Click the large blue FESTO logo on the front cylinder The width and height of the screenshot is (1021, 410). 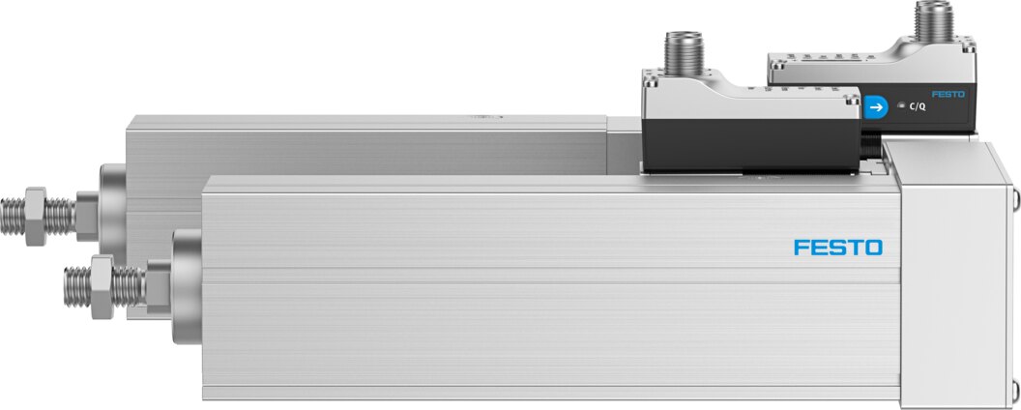pyautogui.click(x=838, y=248)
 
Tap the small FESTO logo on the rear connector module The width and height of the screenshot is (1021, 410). pyautogui.click(x=948, y=95)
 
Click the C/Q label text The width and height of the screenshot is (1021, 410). pyautogui.click(x=917, y=107)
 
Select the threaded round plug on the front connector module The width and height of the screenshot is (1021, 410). pyautogui.click(x=683, y=52)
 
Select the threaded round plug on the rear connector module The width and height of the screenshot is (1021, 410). pyautogui.click(x=934, y=20)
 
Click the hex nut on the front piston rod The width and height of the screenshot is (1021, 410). pyautogui.click(x=102, y=287)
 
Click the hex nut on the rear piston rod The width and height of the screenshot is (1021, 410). pyautogui.click(x=36, y=216)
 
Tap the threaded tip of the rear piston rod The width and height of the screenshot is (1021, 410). pyautogui.click(x=13, y=217)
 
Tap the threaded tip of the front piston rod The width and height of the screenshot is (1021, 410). pyautogui.click(x=76, y=287)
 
